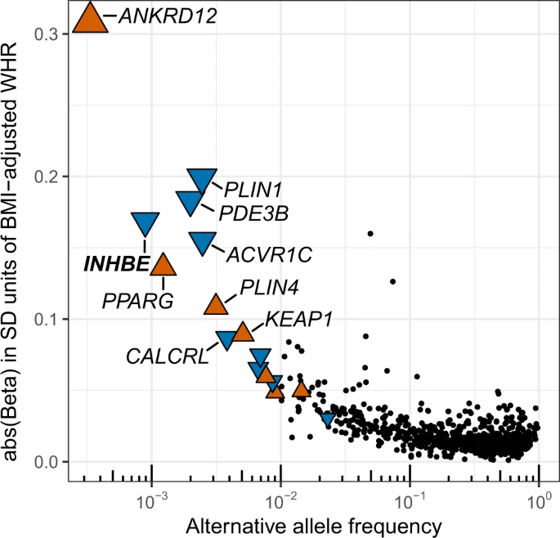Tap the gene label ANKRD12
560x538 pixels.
coord(167,16)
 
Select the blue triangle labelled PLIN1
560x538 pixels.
coord(202,180)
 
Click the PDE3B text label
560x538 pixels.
coord(253,214)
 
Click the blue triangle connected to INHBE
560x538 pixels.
coord(146,224)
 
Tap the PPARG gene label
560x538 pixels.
coord(138,300)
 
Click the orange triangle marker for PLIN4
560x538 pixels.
coord(216,304)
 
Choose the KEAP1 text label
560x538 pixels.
coord(298,318)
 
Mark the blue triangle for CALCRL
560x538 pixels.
coord(226,339)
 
